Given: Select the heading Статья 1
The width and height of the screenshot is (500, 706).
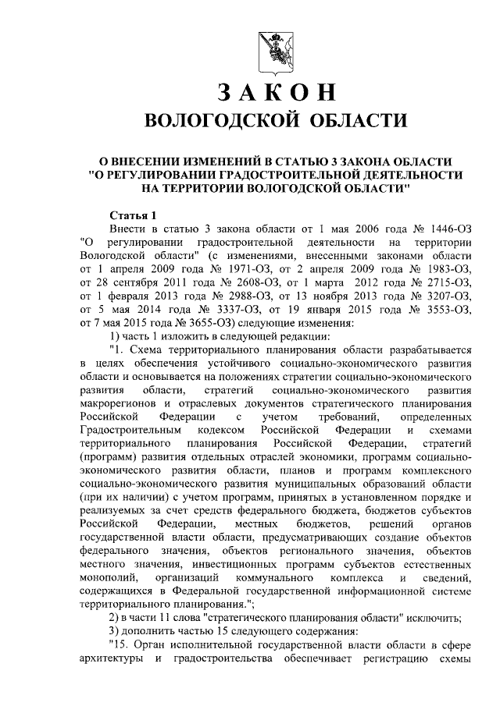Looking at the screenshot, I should coord(134,216).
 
